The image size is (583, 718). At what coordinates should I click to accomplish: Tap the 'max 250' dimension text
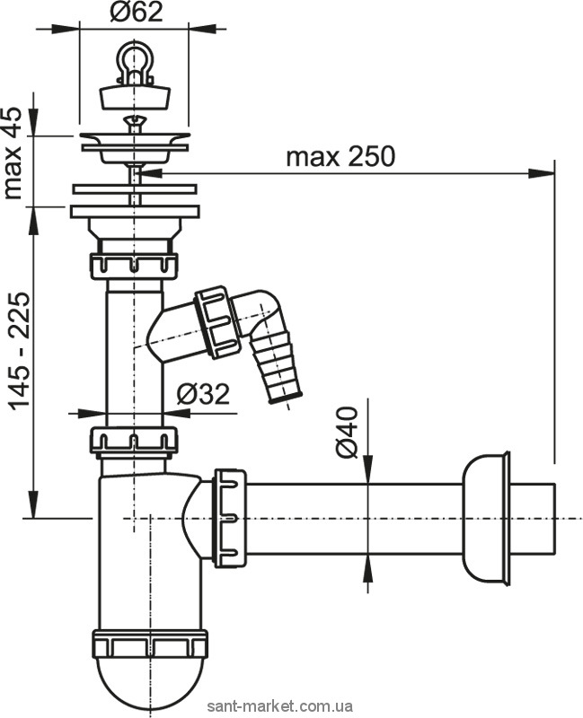tap(340, 156)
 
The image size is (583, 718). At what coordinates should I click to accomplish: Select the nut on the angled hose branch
tap(216, 319)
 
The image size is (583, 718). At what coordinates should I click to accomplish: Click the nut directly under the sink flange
tap(134, 266)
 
